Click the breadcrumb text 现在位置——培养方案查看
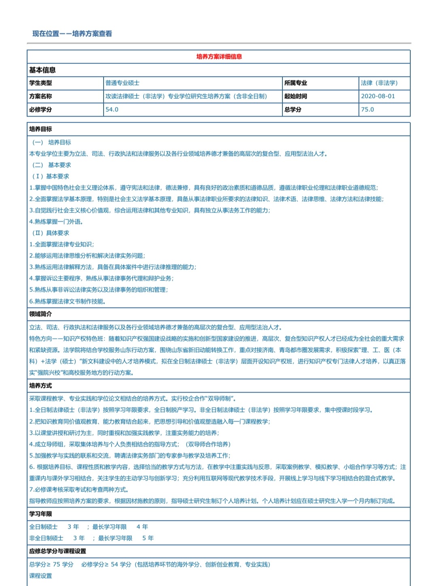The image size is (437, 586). (x=72, y=34)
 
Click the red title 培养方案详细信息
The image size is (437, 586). (x=219, y=57)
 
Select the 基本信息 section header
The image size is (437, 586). (x=42, y=70)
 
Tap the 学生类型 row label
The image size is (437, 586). (x=40, y=83)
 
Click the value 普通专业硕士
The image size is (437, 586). (x=122, y=83)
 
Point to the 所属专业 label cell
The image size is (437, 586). (x=295, y=83)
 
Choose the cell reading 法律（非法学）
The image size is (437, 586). (x=379, y=83)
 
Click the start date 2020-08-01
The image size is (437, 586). (x=378, y=96)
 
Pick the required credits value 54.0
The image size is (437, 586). (x=112, y=110)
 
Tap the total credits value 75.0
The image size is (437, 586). (x=367, y=110)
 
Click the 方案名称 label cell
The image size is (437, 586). (x=40, y=96)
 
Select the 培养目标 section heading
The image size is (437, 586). (x=40, y=129)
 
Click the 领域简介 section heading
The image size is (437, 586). (x=40, y=314)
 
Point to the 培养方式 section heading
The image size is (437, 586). (x=40, y=386)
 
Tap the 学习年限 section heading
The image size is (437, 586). (x=40, y=514)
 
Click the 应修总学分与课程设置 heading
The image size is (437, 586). (x=57, y=551)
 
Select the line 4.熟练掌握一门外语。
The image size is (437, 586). (x=56, y=222)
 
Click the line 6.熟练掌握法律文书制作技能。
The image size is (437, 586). (x=68, y=301)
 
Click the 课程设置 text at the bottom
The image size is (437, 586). (x=40, y=576)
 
